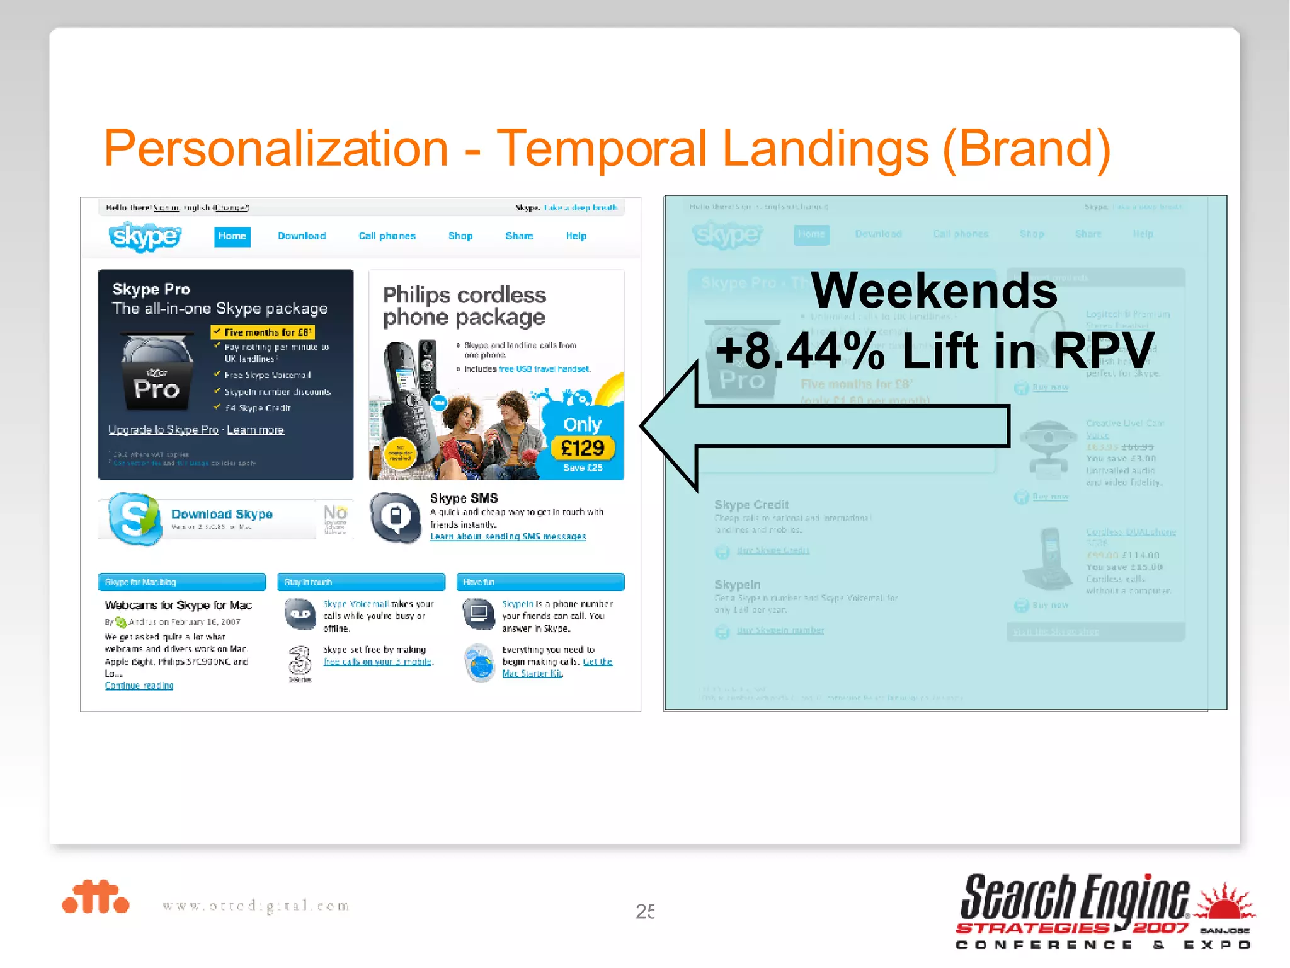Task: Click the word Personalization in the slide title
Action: coord(276,149)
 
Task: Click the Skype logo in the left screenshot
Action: coord(145,236)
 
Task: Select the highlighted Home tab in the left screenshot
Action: coord(232,236)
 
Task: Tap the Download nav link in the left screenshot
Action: coord(302,236)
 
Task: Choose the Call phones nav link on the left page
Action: coord(387,236)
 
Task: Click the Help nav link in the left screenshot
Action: coord(576,236)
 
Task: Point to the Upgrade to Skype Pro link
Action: coord(163,430)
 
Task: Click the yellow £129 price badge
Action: coord(583,448)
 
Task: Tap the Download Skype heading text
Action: coord(222,514)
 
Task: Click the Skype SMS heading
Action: coord(464,498)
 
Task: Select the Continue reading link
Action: coord(139,686)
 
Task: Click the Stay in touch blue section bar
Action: coord(361,582)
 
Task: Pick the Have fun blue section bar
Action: coord(540,582)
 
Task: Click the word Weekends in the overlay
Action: coord(934,291)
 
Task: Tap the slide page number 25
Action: coord(645,911)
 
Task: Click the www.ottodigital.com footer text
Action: coord(256,906)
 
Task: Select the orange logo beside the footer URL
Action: coord(96,897)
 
